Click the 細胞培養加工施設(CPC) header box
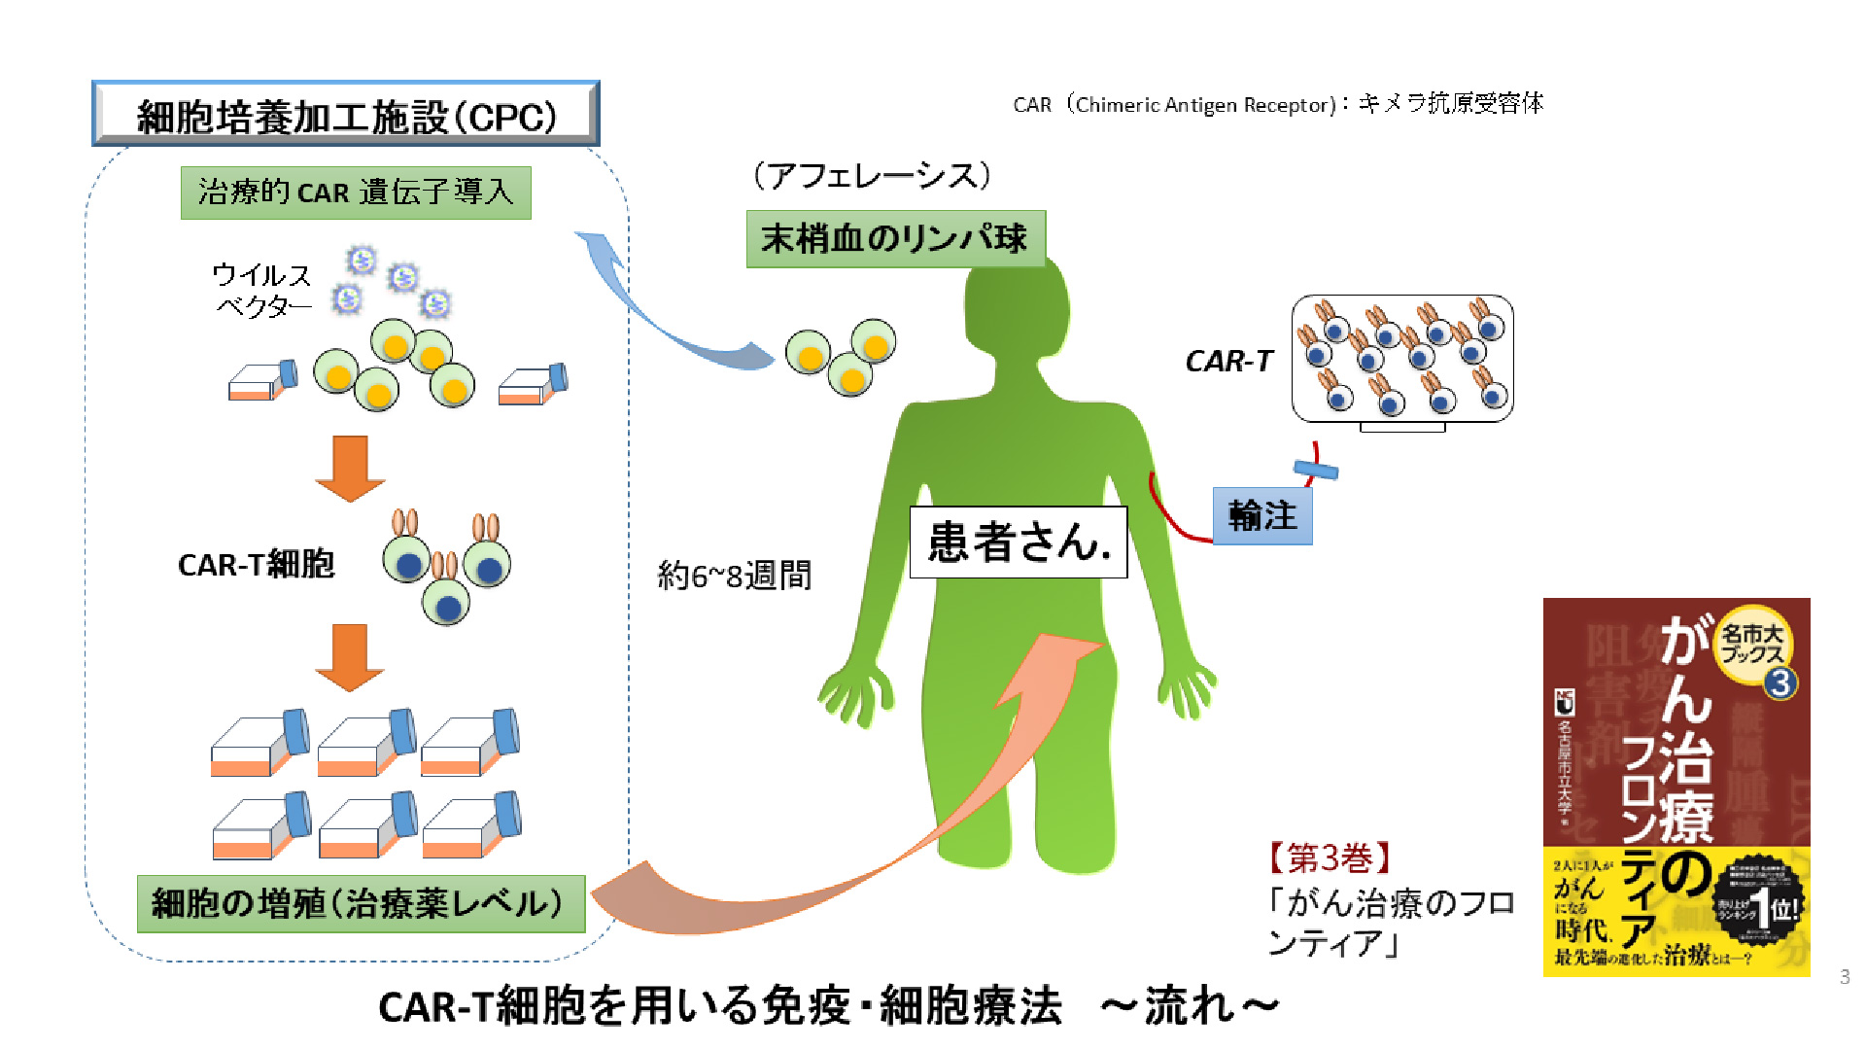(x=345, y=115)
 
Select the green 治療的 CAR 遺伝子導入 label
(x=356, y=192)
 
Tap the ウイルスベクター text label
(x=261, y=291)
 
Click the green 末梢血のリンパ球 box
(x=895, y=238)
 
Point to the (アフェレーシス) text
(x=872, y=176)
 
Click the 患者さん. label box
(x=1018, y=542)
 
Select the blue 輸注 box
(x=1262, y=516)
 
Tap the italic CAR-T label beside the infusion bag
(x=1228, y=362)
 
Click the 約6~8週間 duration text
(x=734, y=576)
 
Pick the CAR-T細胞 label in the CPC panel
(x=256, y=565)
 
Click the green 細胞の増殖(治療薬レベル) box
(x=361, y=904)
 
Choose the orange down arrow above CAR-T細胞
(x=350, y=468)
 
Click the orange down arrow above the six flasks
(x=350, y=656)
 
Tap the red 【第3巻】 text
(x=1330, y=858)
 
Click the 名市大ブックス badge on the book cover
(x=1752, y=644)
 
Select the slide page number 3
(x=1844, y=977)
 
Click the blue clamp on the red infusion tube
(x=1315, y=472)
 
